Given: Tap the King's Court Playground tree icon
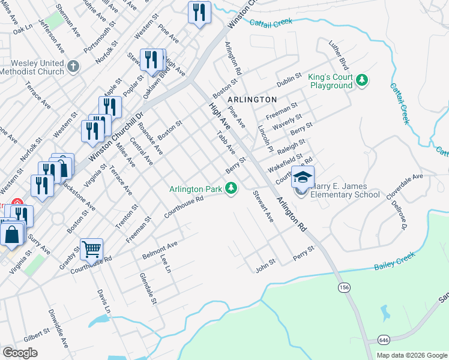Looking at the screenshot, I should [x=361, y=80].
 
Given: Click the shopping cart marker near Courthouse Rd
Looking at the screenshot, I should [x=91, y=248].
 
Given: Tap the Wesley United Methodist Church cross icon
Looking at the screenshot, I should [x=73, y=66].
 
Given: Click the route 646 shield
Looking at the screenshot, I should [x=383, y=340].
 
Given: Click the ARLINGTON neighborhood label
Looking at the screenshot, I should [x=252, y=99].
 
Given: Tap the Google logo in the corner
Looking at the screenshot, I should [x=20, y=352].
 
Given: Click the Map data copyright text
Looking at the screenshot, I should [x=412, y=355].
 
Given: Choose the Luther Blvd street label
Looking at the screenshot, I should [x=339, y=55].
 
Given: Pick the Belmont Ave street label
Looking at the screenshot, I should [x=160, y=250].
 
